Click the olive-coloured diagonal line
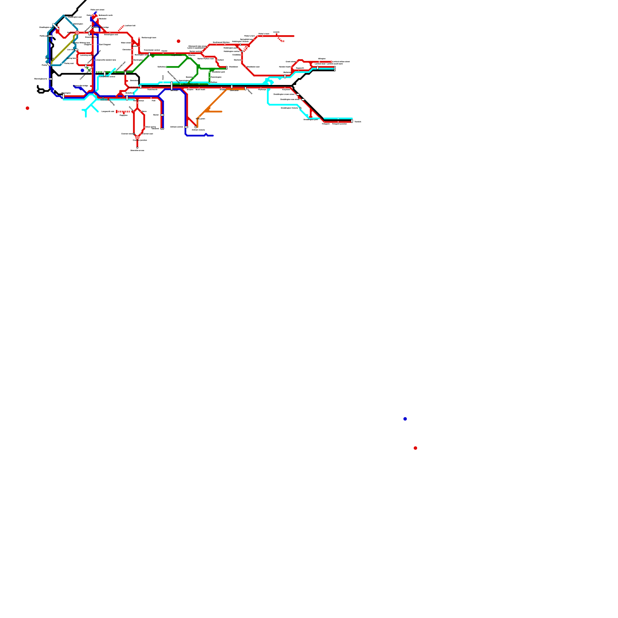62,51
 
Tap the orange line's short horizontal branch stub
215,112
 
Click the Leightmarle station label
176,55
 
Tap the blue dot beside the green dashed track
82,70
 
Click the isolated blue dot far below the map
405,419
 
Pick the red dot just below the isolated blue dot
415,448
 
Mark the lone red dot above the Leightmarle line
178,41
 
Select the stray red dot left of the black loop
27,108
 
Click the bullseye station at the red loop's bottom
137,137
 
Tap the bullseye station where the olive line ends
77,33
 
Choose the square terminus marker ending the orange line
196,127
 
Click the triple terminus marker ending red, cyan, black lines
335,69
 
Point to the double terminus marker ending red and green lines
227,68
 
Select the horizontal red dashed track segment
123,111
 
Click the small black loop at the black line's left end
41,91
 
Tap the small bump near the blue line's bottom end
206,134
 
